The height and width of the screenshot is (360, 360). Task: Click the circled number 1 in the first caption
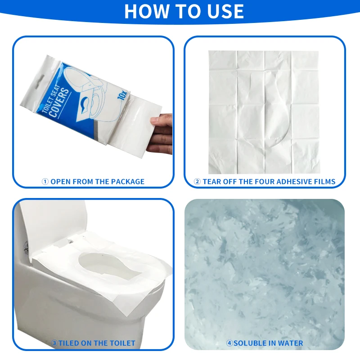click(x=45, y=182)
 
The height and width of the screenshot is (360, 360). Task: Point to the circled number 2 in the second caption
click(x=197, y=182)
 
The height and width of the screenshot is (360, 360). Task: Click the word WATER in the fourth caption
click(x=290, y=343)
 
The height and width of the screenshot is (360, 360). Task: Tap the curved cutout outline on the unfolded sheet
click(x=281, y=112)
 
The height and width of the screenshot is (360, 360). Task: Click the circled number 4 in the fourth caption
click(x=229, y=343)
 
